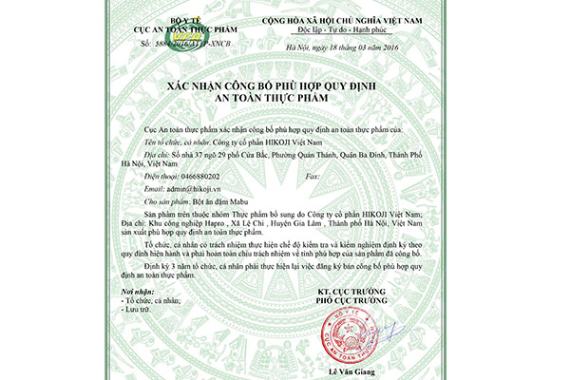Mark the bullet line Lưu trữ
click(140, 309)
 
